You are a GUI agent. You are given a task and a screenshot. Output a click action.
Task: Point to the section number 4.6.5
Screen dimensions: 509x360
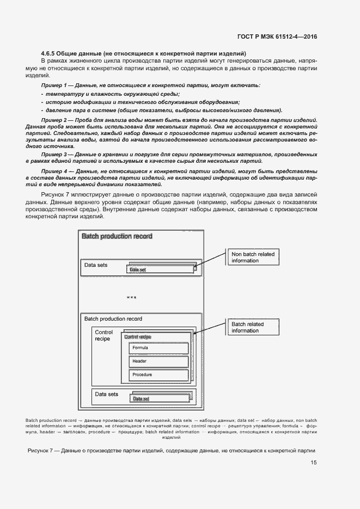pos(51,53)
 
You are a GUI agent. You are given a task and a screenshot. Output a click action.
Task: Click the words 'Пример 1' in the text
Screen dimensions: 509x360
pos(53,86)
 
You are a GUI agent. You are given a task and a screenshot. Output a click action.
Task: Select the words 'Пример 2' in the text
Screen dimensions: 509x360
pos(53,119)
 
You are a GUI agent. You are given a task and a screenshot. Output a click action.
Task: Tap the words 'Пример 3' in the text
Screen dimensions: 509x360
pos(53,154)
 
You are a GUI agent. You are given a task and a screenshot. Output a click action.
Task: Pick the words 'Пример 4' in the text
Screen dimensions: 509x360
pos(53,171)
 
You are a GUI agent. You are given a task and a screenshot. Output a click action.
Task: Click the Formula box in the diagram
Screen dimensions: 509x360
pos(158,348)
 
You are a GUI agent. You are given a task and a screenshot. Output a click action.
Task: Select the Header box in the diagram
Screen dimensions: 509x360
pos(158,361)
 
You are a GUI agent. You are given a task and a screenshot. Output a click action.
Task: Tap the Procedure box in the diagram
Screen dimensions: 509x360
pos(158,375)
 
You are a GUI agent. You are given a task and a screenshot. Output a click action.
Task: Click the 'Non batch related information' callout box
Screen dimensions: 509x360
pos(253,257)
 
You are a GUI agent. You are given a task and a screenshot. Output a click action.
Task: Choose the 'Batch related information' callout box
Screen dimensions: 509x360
pos(253,327)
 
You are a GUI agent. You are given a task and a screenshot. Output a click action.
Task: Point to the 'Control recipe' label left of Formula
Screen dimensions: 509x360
pos(103,335)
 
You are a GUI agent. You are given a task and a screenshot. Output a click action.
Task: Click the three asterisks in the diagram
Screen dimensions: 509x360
pos(131,298)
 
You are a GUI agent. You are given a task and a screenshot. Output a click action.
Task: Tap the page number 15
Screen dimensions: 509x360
pos(314,463)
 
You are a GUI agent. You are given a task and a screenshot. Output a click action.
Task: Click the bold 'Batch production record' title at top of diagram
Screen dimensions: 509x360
pos(117,236)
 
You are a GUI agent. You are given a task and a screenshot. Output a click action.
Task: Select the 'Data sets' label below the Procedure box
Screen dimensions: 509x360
pos(106,394)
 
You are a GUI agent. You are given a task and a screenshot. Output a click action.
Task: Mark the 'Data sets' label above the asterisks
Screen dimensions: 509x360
pos(96,266)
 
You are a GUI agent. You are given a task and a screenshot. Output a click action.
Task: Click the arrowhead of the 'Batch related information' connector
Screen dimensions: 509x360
pos(194,334)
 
